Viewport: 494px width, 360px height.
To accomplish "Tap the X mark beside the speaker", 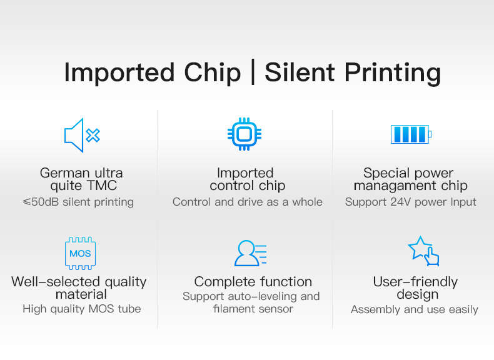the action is pos(93,136).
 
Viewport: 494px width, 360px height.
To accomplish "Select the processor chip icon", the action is pos(244,134).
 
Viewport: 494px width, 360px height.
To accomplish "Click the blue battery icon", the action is pos(411,134).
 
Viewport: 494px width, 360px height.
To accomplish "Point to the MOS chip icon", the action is pos(80,253).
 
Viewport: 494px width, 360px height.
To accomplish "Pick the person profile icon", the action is pos(251,253).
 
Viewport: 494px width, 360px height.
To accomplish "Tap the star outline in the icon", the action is pos(420,247).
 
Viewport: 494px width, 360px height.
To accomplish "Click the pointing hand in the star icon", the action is pos(431,257).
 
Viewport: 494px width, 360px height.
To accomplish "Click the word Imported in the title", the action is pos(119,73).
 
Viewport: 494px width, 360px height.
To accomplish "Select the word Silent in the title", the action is pos(300,72).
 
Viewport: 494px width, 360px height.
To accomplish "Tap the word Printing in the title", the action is pos(393,73).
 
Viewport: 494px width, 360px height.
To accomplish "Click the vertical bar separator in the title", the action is pos(253,72).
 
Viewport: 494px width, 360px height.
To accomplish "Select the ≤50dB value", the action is pos(41,202).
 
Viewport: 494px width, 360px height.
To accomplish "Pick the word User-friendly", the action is pos(415,282).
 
